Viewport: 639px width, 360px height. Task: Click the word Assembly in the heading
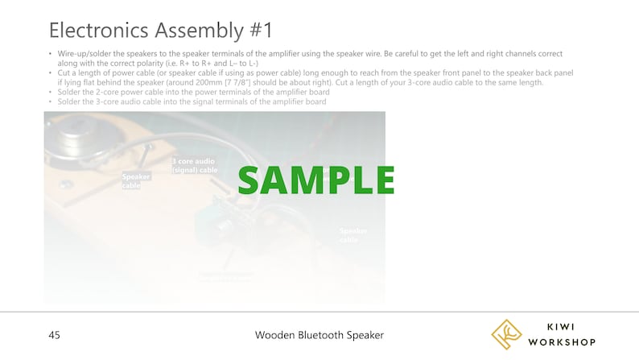(198, 31)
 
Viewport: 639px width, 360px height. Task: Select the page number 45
(54, 335)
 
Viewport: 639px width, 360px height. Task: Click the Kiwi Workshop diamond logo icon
(507, 334)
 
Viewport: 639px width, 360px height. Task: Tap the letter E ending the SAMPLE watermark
(381, 180)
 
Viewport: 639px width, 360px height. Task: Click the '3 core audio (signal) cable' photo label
(195, 165)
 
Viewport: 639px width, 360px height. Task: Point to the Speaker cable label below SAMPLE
(352, 235)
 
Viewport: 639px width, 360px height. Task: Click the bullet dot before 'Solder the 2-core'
(51, 93)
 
